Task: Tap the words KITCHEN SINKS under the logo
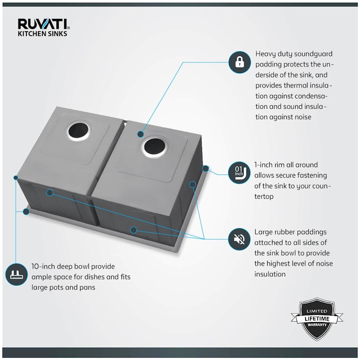pos(42,34)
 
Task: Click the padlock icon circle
pos(239,62)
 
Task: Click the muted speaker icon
pos(239,239)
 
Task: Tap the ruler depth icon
pos(16,274)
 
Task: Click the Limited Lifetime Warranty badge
pos(317,318)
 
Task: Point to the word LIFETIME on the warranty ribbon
pos(317,319)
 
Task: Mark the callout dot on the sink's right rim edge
pos(206,168)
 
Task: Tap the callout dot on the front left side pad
pos(50,193)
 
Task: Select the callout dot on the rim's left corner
pos(26,211)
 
